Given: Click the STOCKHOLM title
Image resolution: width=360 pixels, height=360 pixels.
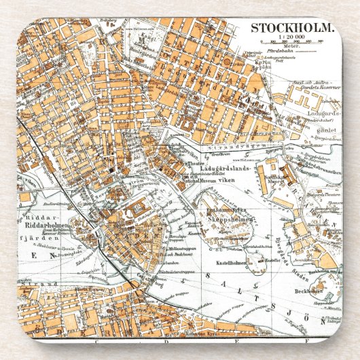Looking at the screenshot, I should (x=293, y=28).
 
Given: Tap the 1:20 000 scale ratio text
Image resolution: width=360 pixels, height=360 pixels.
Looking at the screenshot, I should (x=292, y=39).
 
